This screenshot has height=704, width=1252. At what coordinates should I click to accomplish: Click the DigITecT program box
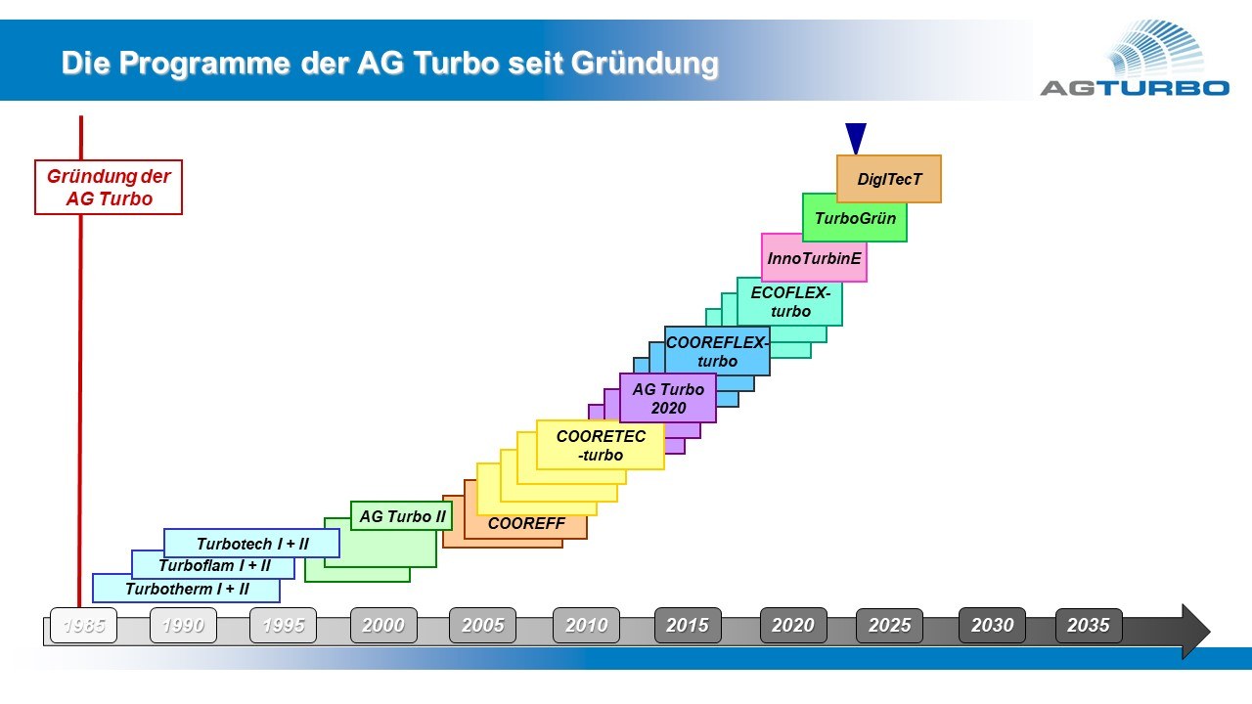[x=889, y=179]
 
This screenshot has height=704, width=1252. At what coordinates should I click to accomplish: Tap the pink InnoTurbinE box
[x=814, y=258]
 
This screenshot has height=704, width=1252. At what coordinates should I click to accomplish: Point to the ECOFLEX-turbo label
[x=790, y=302]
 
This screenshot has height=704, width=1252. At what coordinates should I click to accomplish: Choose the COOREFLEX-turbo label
[x=717, y=351]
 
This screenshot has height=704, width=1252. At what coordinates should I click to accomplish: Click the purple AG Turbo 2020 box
[x=668, y=398]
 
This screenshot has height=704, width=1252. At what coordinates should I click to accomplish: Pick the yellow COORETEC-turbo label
[x=601, y=445]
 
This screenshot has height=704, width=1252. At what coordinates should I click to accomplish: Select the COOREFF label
[x=526, y=523]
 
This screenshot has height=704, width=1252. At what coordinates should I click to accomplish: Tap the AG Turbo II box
[x=401, y=515]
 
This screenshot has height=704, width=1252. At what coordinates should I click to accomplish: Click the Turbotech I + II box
[x=251, y=543]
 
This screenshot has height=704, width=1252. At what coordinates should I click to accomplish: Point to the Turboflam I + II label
[x=214, y=565]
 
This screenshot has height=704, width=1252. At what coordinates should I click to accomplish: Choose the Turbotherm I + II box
[x=186, y=589]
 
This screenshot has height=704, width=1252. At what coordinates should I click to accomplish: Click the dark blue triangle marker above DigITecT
[x=856, y=137]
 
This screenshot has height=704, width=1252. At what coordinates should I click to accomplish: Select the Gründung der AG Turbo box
[x=109, y=187]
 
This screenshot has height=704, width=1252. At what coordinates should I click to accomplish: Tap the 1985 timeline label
[x=84, y=625]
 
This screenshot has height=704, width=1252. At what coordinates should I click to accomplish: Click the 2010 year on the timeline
[x=586, y=625]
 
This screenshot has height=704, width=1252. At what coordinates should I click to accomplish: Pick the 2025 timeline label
[x=889, y=625]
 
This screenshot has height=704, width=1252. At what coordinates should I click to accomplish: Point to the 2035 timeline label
[x=1089, y=625]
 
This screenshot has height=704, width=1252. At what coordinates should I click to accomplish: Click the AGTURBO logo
[x=1135, y=59]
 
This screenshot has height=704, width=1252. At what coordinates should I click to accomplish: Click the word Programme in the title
[x=204, y=64]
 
